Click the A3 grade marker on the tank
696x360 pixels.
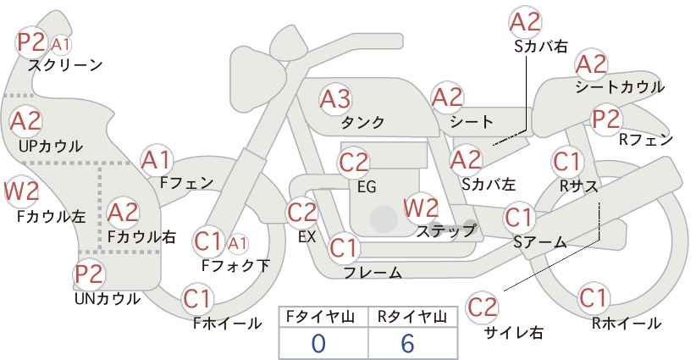point(335,99)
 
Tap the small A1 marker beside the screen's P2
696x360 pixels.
point(60,44)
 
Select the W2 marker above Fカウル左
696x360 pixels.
point(21,191)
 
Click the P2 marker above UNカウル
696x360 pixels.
point(89,274)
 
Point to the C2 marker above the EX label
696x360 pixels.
point(302,212)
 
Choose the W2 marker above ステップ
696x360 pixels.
point(421,208)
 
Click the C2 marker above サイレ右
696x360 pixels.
point(482,307)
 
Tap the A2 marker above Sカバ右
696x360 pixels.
point(526,22)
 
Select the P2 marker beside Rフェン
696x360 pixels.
point(606,119)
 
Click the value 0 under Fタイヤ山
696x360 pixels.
point(318,344)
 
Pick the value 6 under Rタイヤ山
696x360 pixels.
point(407,344)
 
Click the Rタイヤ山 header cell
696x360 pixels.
point(413,317)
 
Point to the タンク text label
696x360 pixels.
point(362,122)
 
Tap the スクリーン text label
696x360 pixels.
point(65,65)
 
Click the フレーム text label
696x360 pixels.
point(373,272)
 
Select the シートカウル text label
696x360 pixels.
point(620,87)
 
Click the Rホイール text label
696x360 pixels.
point(627,324)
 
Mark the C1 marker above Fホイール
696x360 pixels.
point(197,299)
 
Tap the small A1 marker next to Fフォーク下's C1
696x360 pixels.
point(237,243)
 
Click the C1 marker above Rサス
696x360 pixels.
point(566,162)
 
